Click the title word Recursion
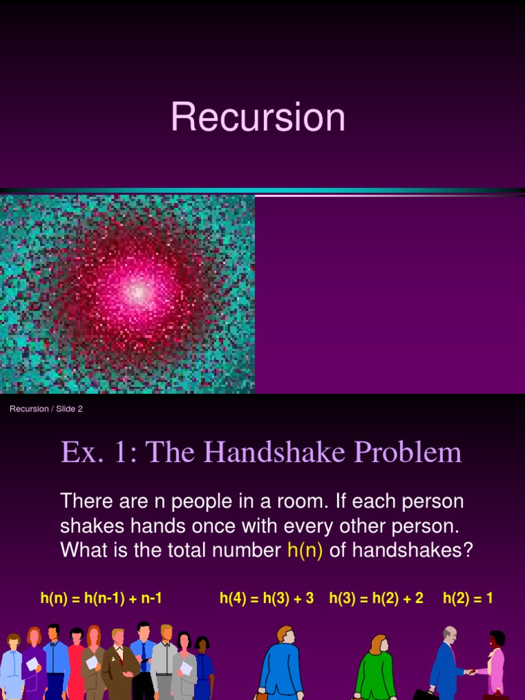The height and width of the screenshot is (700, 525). tap(258, 117)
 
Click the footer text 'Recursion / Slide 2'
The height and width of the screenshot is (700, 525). tap(46, 409)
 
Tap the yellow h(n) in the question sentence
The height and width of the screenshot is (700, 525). tap(305, 550)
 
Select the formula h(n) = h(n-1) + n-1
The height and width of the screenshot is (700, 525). tap(101, 598)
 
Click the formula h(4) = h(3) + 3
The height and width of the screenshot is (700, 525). tap(267, 598)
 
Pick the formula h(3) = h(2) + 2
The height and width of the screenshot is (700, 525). tap(376, 598)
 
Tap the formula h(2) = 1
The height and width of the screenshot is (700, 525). tap(468, 598)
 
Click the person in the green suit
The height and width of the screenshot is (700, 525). tap(375, 670)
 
